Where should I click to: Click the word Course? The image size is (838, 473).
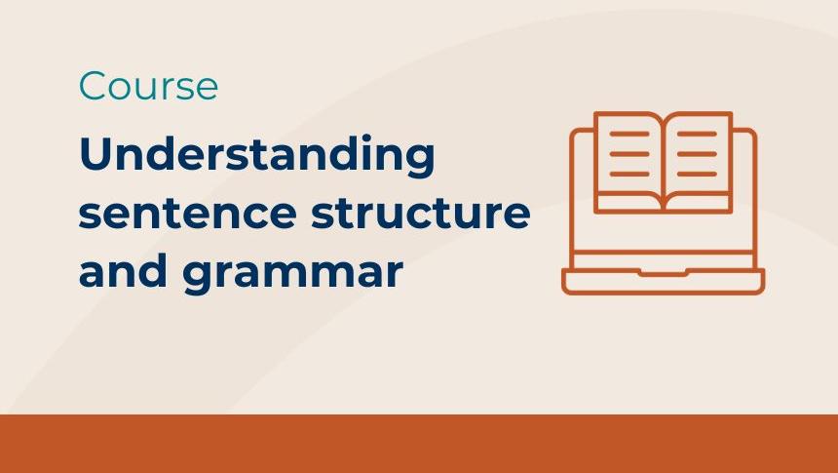tap(148, 87)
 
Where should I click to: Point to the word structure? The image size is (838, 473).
tap(420, 214)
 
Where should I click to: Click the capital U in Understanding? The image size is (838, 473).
tap(97, 156)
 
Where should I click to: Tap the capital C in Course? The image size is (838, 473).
tap(93, 87)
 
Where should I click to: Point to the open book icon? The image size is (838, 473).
tap(663, 161)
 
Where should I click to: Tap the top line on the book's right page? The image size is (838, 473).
tap(696, 134)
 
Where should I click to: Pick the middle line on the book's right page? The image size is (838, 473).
tap(696, 153)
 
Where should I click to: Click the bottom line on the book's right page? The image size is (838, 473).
tap(696, 174)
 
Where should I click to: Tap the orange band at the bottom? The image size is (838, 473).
tap(419, 444)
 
